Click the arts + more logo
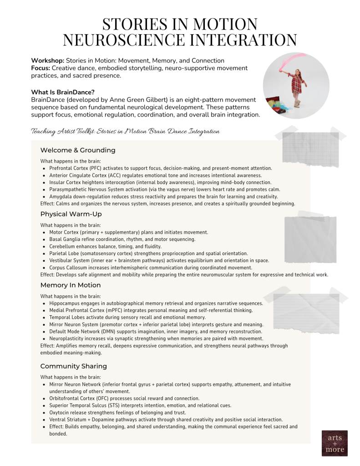click(335, 443)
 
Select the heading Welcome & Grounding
click(78, 150)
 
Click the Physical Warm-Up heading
click(71, 214)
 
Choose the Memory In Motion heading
click(71, 285)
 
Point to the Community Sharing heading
click(74, 366)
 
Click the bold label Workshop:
click(47, 61)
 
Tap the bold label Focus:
click(41, 68)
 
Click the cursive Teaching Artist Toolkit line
click(125, 131)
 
